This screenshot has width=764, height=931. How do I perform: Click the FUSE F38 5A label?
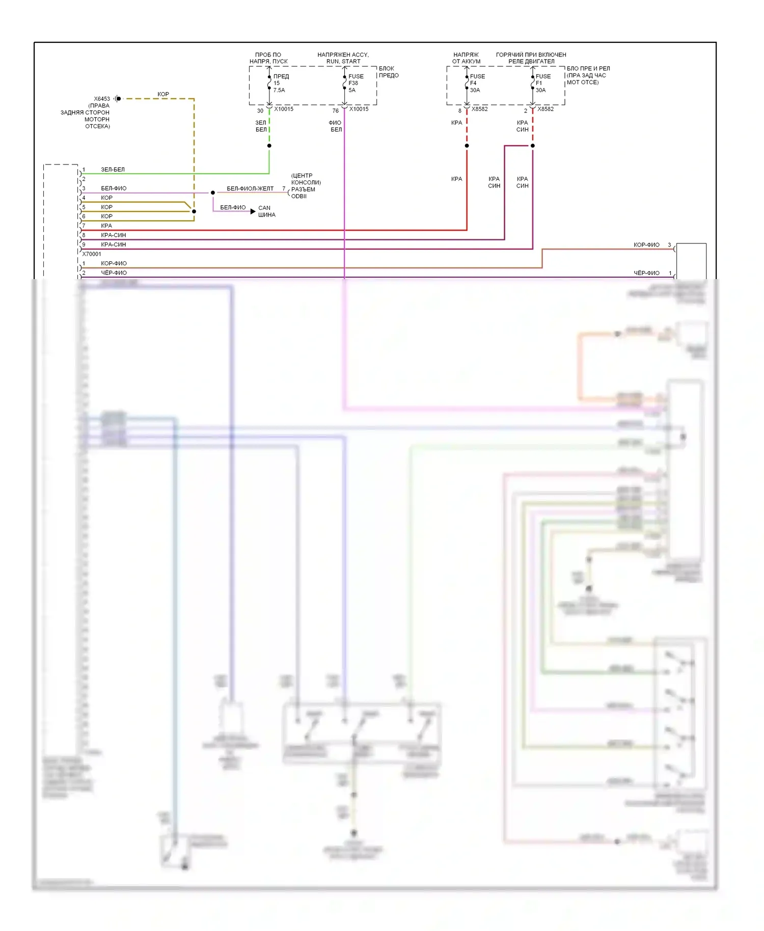[356, 83]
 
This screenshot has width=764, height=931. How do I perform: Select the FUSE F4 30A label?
[477, 83]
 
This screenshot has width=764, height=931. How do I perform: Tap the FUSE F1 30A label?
[543, 83]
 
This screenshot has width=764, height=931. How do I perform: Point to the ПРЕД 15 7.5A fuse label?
[281, 83]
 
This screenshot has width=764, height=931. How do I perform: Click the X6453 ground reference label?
[102, 99]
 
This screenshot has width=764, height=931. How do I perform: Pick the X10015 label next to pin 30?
[284, 109]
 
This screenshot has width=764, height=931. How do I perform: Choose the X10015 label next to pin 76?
[359, 109]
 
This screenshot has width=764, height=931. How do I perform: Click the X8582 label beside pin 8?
[479, 109]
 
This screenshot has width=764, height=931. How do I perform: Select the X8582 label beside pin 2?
[545, 109]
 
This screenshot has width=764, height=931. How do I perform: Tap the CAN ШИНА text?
[266, 211]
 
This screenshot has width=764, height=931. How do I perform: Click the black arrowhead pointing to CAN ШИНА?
[253, 211]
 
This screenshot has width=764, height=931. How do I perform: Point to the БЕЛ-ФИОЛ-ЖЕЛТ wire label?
[250, 188]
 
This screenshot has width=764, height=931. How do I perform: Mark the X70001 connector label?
[92, 254]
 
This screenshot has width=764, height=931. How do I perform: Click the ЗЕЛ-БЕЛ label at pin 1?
[113, 170]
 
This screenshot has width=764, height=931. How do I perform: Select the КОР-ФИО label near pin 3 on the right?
[646, 245]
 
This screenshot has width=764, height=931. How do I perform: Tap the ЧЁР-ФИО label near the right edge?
[646, 273]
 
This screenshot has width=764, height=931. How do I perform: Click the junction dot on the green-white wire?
[269, 146]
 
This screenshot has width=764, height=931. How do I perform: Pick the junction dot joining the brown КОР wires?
[194, 211]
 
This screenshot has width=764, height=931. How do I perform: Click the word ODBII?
[299, 197]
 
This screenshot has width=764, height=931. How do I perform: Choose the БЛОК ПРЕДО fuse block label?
[389, 72]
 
